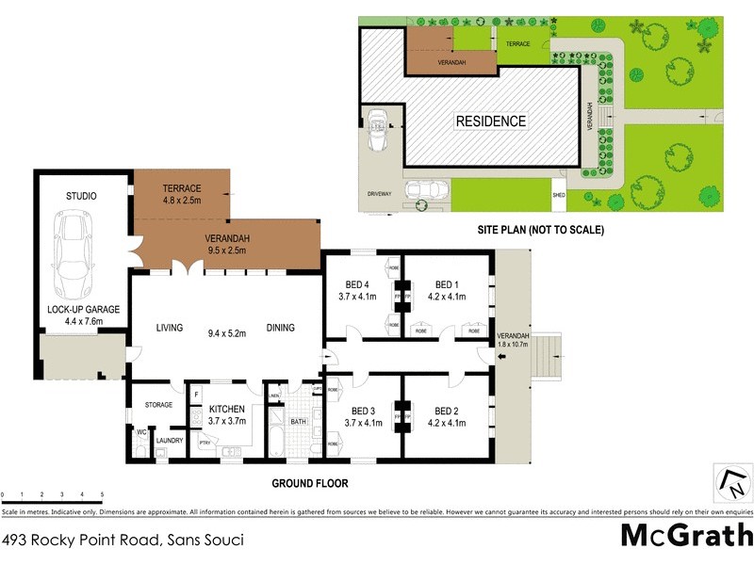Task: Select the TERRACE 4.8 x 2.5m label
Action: (182, 194)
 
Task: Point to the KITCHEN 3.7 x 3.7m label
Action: (226, 415)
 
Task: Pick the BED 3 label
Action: (363, 417)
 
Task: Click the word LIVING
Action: (170, 328)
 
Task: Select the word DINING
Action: (280, 328)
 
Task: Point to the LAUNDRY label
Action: (170, 440)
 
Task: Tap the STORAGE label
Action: (158, 405)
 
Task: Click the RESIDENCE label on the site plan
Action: (491, 121)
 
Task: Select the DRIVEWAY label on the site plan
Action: (380, 193)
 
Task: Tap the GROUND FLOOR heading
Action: (310, 484)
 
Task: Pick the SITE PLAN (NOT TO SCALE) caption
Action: (541, 230)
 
